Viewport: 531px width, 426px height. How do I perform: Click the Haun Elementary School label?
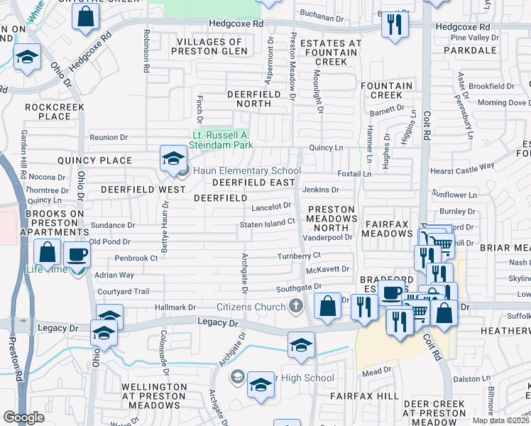coord(246,170)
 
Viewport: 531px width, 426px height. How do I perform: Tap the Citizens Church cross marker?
coord(297,306)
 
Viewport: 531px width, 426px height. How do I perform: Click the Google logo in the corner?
coord(23,417)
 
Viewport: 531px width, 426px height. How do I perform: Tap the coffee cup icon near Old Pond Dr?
coord(77,255)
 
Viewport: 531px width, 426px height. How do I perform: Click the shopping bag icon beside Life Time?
coord(47,253)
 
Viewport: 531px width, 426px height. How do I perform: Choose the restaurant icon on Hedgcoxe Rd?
coord(393,24)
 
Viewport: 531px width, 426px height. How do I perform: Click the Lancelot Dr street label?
coord(271,206)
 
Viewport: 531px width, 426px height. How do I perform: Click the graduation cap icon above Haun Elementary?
coord(173,159)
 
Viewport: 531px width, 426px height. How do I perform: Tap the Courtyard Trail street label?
coord(123,291)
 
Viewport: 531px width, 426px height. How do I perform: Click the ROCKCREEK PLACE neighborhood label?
coord(54,111)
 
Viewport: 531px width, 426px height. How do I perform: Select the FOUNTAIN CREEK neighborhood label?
coord(386,90)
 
